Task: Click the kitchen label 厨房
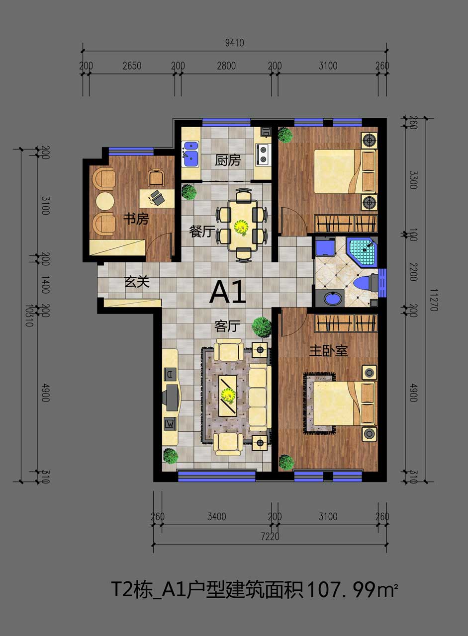(228, 160)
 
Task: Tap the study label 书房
(136, 219)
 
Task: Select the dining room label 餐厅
(202, 232)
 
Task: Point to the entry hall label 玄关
(137, 282)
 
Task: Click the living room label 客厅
(227, 326)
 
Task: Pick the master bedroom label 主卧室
(328, 351)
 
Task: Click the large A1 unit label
(227, 292)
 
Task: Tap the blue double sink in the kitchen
(190, 154)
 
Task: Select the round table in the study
(105, 201)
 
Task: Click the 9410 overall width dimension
(234, 43)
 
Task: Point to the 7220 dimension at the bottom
(270, 537)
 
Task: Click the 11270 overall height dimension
(433, 300)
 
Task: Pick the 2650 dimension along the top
(132, 66)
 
